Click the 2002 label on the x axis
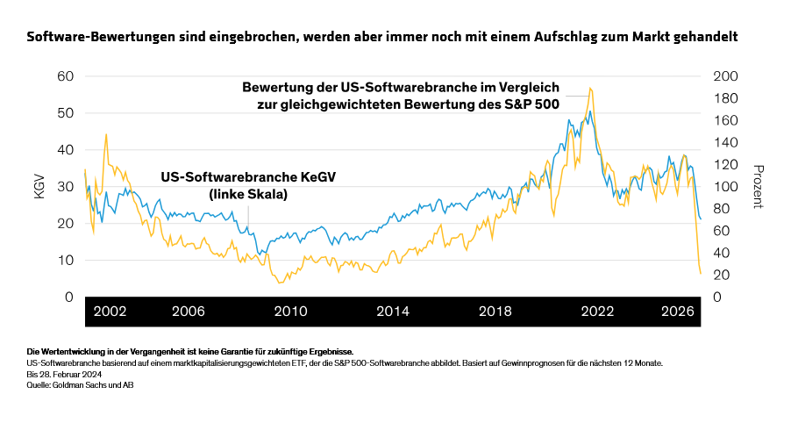click(x=110, y=312)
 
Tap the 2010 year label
click(x=289, y=312)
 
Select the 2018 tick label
click(x=495, y=312)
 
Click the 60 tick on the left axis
click(x=64, y=75)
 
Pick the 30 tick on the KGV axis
click(x=64, y=186)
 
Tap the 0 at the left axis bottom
click(x=68, y=297)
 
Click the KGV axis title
click(x=39, y=186)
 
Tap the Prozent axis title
click(x=757, y=186)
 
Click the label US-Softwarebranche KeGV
click(x=248, y=177)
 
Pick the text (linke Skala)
click(x=248, y=194)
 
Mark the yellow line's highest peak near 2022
click(x=590, y=88)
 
